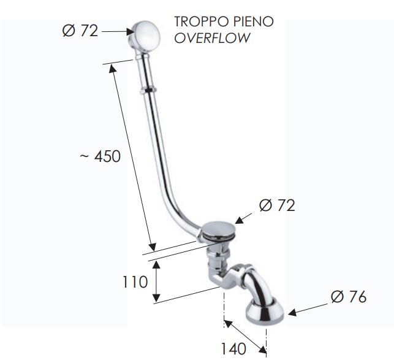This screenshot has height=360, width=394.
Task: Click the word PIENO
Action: tap(254, 21)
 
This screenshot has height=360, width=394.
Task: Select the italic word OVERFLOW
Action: tap(213, 38)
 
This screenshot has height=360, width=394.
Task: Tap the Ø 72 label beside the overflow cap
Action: tap(80, 31)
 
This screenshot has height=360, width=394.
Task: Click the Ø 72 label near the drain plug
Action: tap(277, 205)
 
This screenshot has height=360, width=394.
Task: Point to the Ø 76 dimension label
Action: tap(349, 297)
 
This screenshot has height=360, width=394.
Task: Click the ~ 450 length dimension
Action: tap(100, 156)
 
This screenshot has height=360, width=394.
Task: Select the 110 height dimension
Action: tap(135, 282)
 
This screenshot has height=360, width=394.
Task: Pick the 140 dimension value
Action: tap(233, 349)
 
